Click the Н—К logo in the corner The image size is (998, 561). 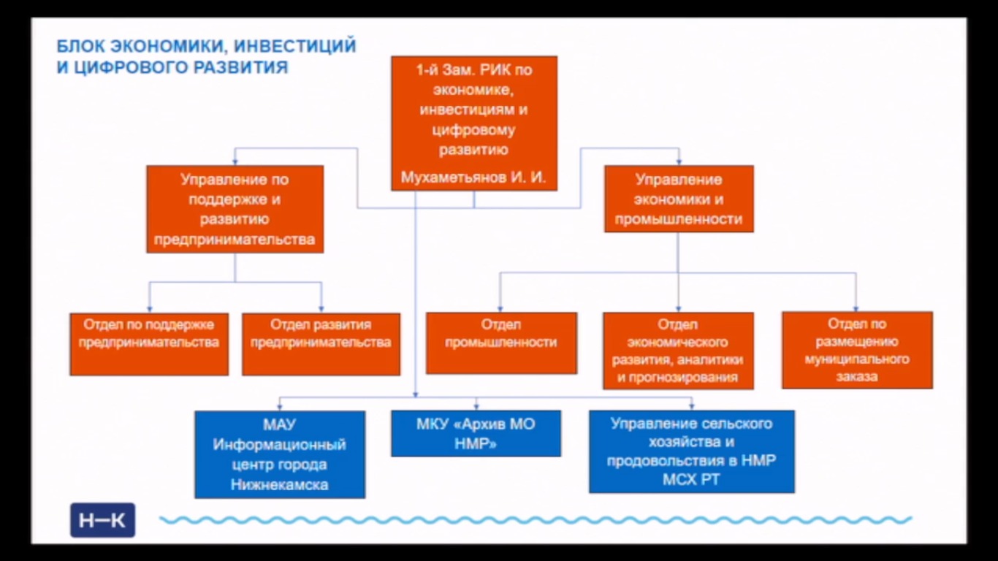coord(102,520)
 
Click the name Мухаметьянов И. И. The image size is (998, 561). coord(473,178)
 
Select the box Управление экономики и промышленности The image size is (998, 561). coord(679,199)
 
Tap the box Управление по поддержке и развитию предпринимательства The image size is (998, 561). coord(235,209)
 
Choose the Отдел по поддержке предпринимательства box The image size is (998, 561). coord(149,344)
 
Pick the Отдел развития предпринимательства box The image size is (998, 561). coord(321,344)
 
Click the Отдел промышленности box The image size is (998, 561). coord(501,343)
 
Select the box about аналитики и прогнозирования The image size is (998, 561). coord(679,351)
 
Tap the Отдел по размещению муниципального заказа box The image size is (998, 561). coord(857,350)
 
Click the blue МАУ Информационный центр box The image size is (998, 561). coord(280,454)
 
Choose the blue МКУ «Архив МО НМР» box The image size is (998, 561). coord(476,434)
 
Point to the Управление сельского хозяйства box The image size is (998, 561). coord(691,451)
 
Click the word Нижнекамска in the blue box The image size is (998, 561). coord(280,484)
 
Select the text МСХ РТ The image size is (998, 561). coord(691,479)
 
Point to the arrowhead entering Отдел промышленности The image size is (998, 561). coord(500,309)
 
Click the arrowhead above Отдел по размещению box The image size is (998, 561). coord(856,308)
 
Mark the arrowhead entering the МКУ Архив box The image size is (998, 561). coord(476,407)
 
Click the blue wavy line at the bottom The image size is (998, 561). coord(536,520)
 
